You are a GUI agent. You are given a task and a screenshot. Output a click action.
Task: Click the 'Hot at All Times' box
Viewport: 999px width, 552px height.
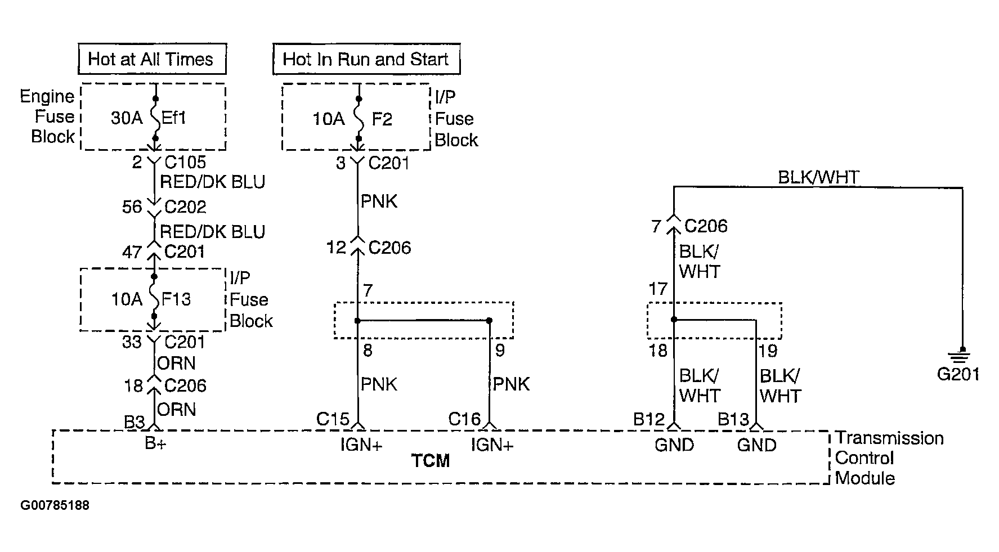click(x=152, y=59)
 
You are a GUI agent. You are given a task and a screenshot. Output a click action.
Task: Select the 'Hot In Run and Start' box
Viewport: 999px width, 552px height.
click(x=366, y=59)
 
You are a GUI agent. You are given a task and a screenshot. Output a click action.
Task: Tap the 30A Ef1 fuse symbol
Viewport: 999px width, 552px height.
click(x=155, y=118)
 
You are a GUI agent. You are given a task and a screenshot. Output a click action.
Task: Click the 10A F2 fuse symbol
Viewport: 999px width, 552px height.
click(x=359, y=119)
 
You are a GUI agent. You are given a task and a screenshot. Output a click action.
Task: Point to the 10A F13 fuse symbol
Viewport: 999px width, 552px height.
click(x=154, y=298)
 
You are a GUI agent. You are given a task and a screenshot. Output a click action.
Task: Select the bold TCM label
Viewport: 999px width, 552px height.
click(x=431, y=461)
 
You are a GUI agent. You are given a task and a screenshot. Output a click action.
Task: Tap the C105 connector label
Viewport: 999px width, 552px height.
click(x=185, y=162)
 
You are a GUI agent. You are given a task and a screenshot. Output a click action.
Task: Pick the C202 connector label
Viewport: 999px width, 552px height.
click(x=185, y=207)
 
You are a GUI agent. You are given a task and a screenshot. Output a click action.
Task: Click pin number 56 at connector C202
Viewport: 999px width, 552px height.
click(x=132, y=207)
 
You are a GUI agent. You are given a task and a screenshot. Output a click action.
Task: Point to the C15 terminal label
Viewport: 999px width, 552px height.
click(x=333, y=419)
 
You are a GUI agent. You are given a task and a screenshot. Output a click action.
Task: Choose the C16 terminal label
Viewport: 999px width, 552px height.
click(x=464, y=419)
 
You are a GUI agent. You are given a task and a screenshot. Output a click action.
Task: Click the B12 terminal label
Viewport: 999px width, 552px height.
click(x=649, y=419)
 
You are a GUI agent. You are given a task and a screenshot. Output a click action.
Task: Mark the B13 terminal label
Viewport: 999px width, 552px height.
click(x=733, y=419)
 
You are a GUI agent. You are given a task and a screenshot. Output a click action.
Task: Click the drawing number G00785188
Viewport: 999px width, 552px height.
click(x=55, y=505)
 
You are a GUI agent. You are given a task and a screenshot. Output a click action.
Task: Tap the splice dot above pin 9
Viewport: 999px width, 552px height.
click(x=489, y=321)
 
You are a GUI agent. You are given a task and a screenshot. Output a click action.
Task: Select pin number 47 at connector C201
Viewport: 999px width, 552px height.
click(x=132, y=252)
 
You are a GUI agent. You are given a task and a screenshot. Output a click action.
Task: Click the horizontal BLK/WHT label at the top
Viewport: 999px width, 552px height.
click(x=818, y=178)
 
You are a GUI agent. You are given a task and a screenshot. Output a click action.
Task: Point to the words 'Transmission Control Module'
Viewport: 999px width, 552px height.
click(x=889, y=457)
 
